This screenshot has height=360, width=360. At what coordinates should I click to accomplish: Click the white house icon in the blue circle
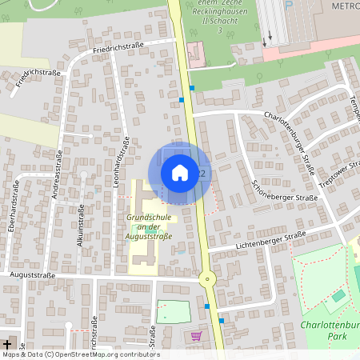coord(180,172)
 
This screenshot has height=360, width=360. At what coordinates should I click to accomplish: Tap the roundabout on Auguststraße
coord(209,279)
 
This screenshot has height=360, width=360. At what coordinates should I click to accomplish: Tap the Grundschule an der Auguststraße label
coord(150,227)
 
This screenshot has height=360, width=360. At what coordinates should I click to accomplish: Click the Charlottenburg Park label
coord(328,331)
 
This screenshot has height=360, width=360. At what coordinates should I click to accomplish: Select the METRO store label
coord(344,6)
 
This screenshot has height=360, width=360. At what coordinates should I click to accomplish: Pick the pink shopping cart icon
coord(196,336)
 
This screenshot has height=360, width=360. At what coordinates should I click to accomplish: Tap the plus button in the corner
coord(8,342)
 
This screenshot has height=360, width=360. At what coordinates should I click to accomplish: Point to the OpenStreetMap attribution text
coord(80,354)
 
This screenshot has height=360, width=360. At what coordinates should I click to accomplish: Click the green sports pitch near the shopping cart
coord(174,311)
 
